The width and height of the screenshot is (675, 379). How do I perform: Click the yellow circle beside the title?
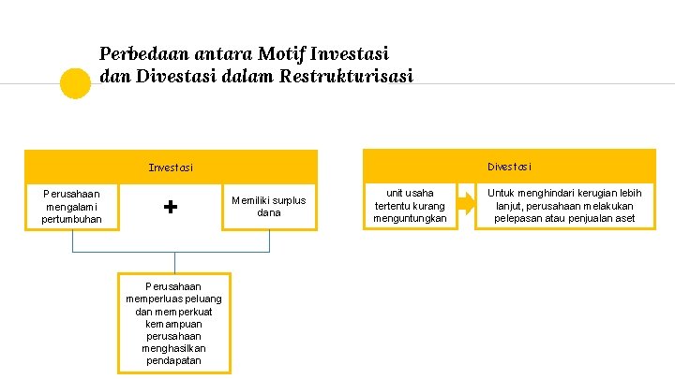tap(75, 83)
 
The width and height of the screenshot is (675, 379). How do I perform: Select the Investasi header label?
tap(171, 168)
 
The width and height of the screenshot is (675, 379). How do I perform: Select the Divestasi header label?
tap(509, 167)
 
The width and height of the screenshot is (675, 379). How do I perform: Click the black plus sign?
tap(171, 207)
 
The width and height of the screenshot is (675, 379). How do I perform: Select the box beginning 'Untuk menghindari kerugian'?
tap(564, 206)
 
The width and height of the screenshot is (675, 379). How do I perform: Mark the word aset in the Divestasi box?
tap(624, 219)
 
